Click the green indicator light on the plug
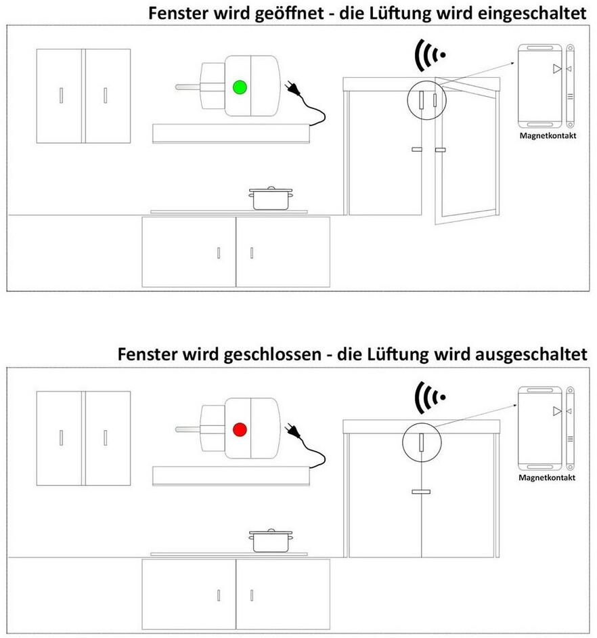click(x=238, y=87)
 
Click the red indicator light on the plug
click(x=238, y=429)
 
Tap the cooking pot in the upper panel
click(x=270, y=198)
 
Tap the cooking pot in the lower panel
click(x=270, y=540)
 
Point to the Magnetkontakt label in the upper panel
click(x=547, y=136)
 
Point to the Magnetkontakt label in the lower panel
click(x=547, y=477)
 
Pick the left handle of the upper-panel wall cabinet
click(x=61, y=95)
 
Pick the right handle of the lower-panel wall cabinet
click(x=105, y=438)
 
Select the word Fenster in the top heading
click(x=175, y=14)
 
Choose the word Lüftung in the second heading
click(x=419, y=354)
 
